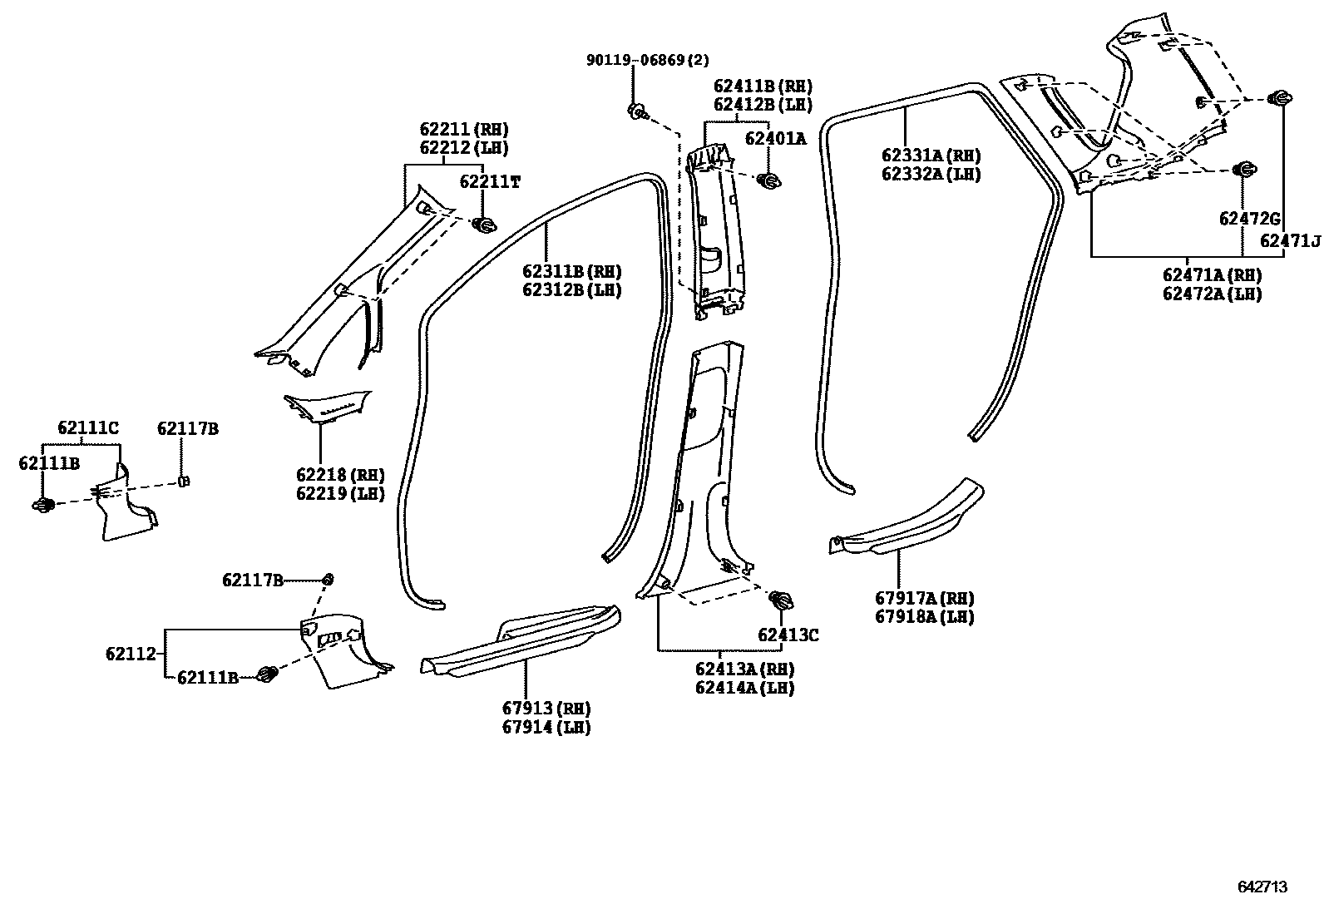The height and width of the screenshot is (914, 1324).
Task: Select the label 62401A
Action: (x=775, y=139)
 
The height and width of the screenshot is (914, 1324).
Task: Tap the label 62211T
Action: (x=490, y=182)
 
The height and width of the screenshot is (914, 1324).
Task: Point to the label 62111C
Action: (x=88, y=428)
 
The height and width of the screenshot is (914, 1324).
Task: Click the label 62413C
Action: (x=788, y=635)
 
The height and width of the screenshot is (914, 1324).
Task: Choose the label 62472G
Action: (x=1249, y=219)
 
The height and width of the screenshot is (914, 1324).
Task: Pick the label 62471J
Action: (x=1290, y=241)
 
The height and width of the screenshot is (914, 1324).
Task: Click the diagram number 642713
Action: (x=1262, y=887)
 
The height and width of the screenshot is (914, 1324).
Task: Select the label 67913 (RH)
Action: (x=546, y=709)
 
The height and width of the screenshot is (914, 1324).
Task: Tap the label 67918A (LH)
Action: (x=924, y=617)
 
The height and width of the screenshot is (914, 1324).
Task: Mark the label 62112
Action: (x=131, y=655)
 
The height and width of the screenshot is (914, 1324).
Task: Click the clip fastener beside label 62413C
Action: (x=780, y=600)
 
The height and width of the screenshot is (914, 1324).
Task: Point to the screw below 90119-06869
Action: (x=637, y=111)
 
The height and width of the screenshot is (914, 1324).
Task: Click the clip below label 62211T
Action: (x=484, y=225)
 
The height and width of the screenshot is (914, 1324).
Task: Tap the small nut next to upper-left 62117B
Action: (x=185, y=481)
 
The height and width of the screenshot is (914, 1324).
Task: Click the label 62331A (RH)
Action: (x=931, y=156)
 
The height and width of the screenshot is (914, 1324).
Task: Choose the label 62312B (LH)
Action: (x=571, y=290)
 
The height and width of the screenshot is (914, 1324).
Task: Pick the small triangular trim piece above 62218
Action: (x=326, y=406)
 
